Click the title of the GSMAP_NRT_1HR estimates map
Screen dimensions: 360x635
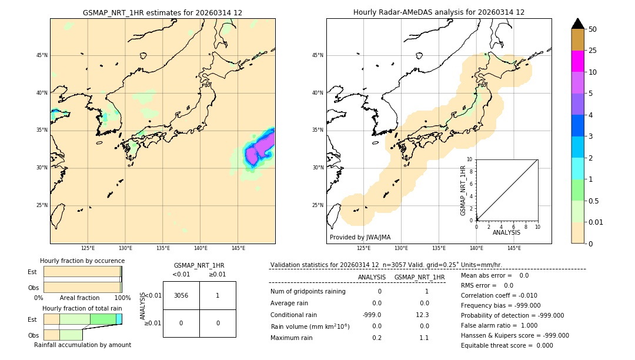pyautogui.click(x=162, y=12)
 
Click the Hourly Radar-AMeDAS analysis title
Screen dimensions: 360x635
pyautogui.click(x=439, y=12)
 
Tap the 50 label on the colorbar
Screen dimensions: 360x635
pyautogui.click(x=593, y=29)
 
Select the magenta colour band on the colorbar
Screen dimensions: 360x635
pyautogui.click(x=577, y=61)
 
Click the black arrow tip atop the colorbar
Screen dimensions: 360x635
pyautogui.click(x=578, y=23)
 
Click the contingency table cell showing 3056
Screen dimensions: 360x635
pyautogui.click(x=181, y=295)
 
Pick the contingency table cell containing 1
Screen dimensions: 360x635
pyautogui.click(x=218, y=295)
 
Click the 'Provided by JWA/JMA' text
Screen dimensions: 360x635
pyautogui.click(x=360, y=237)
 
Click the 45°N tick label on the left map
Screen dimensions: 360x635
pyautogui.click(x=42, y=55)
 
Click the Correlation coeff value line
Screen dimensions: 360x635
pyautogui.click(x=499, y=296)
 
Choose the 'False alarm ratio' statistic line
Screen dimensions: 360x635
pyautogui.click(x=499, y=325)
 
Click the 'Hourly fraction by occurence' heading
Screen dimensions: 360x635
pyautogui.click(x=82, y=261)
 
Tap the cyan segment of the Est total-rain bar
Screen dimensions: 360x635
pyautogui.click(x=119, y=319)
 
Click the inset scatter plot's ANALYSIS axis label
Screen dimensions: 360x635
pyautogui.click(x=506, y=233)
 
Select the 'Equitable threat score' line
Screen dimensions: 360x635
pyautogui.click(x=507, y=345)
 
